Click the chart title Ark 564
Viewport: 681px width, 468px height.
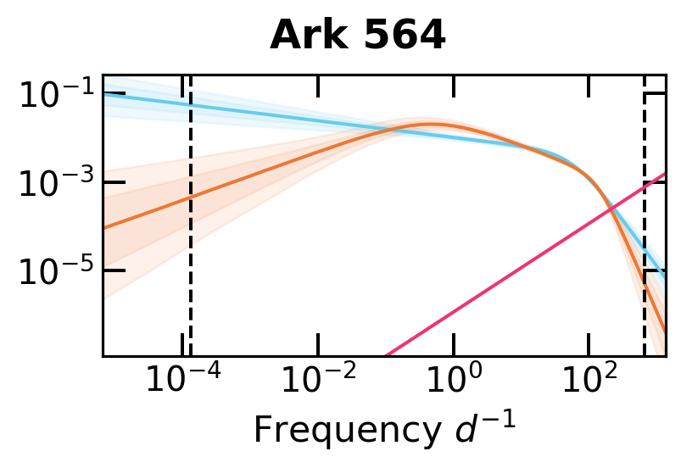point(358,36)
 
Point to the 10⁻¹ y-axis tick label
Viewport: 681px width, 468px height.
point(56,94)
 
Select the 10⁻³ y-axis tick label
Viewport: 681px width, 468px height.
point(56,182)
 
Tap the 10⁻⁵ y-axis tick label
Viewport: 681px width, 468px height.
point(56,271)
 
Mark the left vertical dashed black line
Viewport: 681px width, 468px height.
point(190,254)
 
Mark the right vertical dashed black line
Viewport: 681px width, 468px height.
point(645,254)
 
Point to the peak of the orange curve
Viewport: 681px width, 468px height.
point(431,125)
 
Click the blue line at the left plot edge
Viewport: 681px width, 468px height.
point(104,93)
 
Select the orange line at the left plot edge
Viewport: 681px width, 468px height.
point(104,227)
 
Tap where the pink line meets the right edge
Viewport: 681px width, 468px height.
point(664,175)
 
